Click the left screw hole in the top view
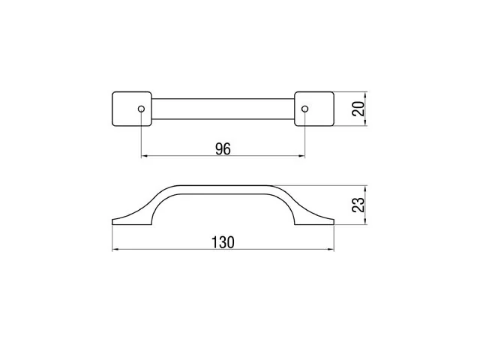click(141, 109)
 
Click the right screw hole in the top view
click(304, 109)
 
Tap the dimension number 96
click(223, 149)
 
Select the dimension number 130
click(223, 242)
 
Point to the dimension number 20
click(358, 108)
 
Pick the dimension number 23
click(358, 205)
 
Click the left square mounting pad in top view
click(132, 109)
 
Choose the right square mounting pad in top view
click(314, 109)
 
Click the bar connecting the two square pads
click(223, 109)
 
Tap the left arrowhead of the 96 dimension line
click(144, 156)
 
